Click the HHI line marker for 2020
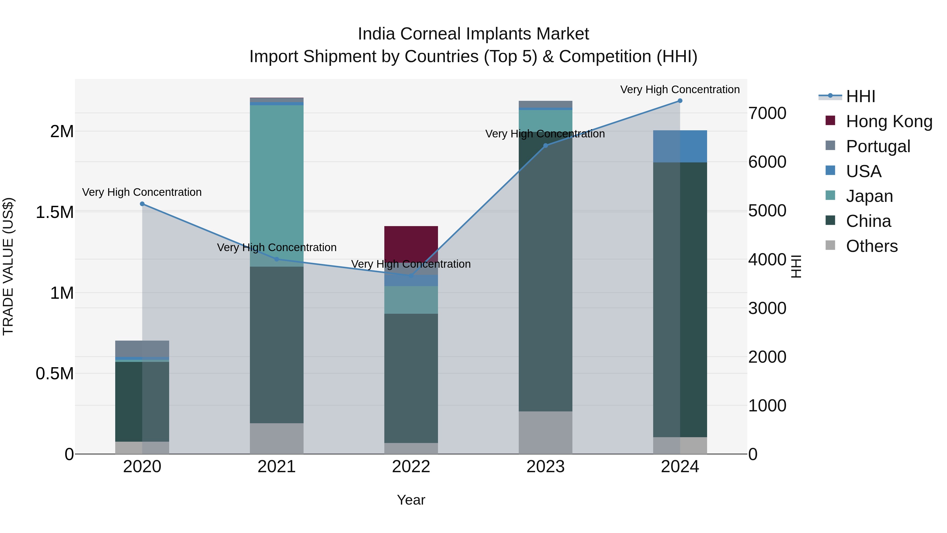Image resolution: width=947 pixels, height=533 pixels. (142, 204)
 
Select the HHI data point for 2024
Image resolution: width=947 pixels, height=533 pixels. (680, 101)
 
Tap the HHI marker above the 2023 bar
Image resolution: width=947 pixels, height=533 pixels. (546, 146)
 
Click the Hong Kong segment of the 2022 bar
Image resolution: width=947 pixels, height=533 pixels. (411, 243)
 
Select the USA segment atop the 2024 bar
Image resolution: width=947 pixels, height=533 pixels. (680, 146)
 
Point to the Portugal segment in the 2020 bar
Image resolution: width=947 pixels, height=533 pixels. (142, 348)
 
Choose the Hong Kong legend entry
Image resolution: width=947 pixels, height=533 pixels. (889, 121)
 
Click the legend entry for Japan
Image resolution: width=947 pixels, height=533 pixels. (869, 196)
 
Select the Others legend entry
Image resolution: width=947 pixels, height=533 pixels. (871, 246)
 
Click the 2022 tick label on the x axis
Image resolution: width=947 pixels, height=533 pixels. (411, 467)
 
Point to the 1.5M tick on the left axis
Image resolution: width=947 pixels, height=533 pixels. (54, 212)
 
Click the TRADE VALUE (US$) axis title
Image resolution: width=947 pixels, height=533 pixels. (8, 266)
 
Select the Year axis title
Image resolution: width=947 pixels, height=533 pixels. (411, 500)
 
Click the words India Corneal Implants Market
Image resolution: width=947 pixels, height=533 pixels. (473, 34)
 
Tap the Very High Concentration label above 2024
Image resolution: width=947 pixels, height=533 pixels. (680, 89)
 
